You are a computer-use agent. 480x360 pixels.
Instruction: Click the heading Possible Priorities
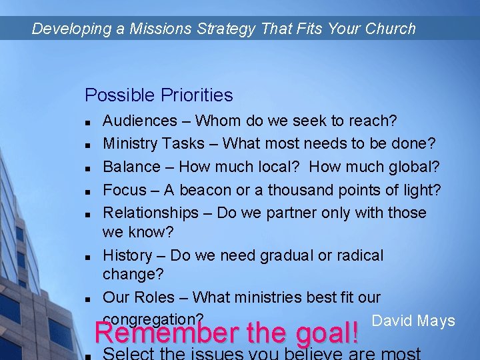159,95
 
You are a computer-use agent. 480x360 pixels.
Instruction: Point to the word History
127,255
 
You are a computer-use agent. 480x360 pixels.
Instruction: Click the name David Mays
413,321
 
